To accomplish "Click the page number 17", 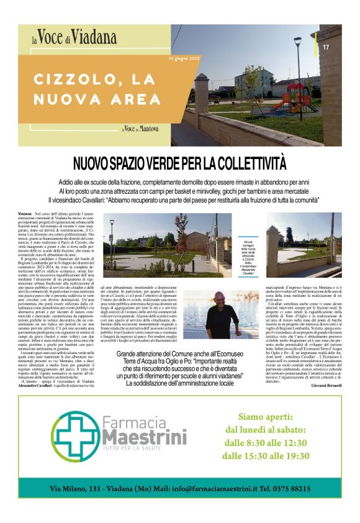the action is pos(326,47).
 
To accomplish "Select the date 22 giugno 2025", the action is pos(184,58).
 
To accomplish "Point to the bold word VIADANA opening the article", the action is pos(25,213).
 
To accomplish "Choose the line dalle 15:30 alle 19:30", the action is pos(265,457).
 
